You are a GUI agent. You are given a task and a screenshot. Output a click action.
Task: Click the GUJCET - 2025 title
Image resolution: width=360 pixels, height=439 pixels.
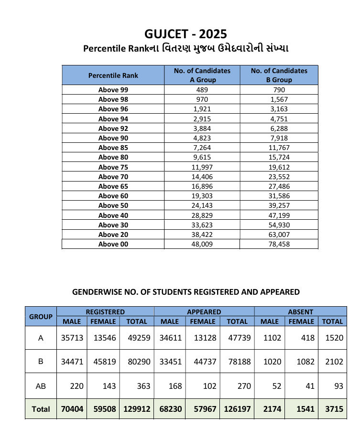(x=185, y=34)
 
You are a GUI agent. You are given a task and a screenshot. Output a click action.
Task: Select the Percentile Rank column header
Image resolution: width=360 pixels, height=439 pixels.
(x=113, y=75)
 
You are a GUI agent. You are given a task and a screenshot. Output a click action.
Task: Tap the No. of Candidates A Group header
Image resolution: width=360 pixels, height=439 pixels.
(x=202, y=75)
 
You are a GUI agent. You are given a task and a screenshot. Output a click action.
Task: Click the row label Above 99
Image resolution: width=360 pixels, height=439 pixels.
(x=113, y=90)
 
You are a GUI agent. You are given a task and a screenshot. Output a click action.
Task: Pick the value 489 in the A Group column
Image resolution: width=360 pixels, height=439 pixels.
(x=202, y=90)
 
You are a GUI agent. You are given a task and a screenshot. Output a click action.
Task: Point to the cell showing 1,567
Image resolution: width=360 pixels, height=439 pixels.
(x=279, y=99)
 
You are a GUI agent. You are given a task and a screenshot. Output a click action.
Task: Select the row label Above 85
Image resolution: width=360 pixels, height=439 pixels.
(x=113, y=148)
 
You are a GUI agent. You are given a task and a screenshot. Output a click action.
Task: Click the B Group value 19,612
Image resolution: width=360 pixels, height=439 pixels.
(x=279, y=167)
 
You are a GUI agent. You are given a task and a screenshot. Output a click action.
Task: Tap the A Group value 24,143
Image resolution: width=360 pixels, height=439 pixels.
(x=202, y=205)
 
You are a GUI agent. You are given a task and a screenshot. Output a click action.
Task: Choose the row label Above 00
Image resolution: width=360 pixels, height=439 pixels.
(x=113, y=244)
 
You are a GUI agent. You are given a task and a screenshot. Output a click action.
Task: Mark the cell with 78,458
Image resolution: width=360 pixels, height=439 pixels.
(x=279, y=244)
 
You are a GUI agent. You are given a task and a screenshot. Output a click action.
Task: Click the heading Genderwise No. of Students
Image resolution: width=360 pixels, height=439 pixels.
(x=185, y=292)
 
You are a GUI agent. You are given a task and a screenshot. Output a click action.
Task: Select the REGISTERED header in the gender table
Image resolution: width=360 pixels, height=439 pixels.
(x=105, y=311)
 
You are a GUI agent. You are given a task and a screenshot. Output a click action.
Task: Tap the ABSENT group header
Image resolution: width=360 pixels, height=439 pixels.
(x=300, y=311)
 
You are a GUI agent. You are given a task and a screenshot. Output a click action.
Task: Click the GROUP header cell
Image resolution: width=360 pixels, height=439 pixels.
(x=41, y=317)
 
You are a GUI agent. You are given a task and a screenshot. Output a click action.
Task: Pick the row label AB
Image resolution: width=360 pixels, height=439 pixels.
(x=41, y=386)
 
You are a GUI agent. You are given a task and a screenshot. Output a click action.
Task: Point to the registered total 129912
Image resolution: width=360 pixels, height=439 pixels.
(x=136, y=409)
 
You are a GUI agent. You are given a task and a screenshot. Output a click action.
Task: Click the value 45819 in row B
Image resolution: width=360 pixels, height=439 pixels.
(x=103, y=362)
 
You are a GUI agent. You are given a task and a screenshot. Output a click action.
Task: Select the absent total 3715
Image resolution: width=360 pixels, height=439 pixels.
(x=332, y=409)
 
